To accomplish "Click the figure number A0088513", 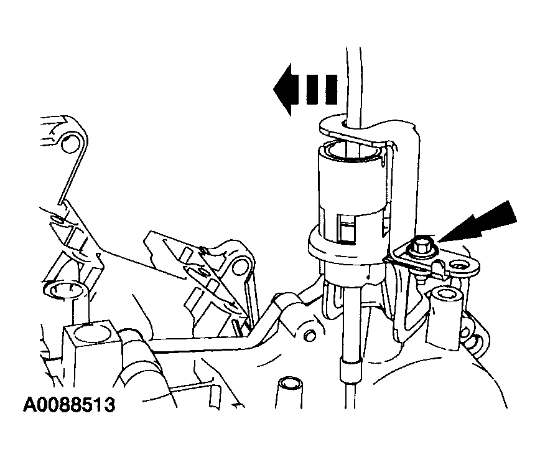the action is (x=69, y=405).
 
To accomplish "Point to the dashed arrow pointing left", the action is (x=305, y=89).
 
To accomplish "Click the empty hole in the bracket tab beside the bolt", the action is (x=458, y=265).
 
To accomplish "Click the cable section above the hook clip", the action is (x=353, y=83).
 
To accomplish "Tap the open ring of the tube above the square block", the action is (x=66, y=286).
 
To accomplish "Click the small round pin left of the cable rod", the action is (x=310, y=334).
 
